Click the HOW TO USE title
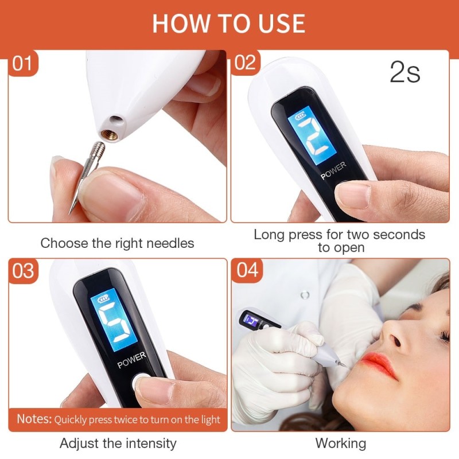coord(229,22)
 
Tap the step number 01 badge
coord(23,63)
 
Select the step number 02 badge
coord(245,63)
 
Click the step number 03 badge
coord(23,270)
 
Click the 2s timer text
coord(405,73)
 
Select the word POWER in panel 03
coord(131,361)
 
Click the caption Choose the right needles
coord(117,243)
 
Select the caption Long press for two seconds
coord(340,235)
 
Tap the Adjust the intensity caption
coord(118,444)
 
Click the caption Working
coord(340,444)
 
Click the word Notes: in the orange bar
coord(34,418)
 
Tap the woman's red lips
coord(378,365)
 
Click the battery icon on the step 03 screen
coord(103,299)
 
